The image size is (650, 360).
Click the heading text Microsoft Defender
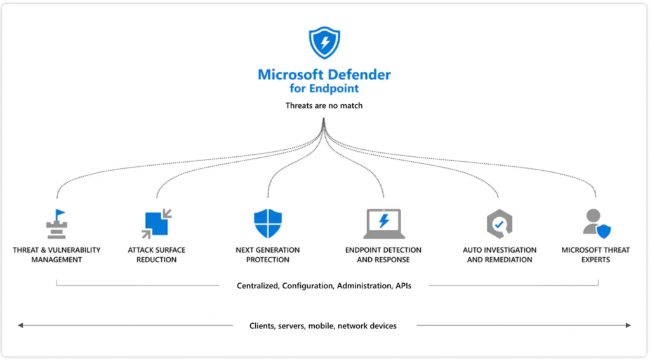(x=324, y=74)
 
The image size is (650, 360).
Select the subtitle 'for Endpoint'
(x=324, y=89)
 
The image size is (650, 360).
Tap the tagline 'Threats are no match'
(x=324, y=105)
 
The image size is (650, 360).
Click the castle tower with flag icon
(x=56, y=224)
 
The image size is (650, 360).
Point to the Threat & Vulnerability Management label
(x=56, y=255)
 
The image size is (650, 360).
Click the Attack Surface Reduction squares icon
(x=156, y=224)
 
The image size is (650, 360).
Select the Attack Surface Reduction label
(x=156, y=255)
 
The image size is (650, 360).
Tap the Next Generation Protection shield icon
(x=268, y=223)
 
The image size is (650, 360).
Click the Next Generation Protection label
(x=268, y=255)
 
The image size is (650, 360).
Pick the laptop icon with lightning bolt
(x=383, y=223)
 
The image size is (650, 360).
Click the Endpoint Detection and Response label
(x=383, y=255)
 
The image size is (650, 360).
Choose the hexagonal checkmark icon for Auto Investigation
(x=500, y=224)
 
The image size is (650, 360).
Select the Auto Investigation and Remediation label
(x=500, y=255)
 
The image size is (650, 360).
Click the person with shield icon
(x=596, y=223)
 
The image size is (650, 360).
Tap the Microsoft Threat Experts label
(x=596, y=255)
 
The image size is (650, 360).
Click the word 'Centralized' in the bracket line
(x=257, y=286)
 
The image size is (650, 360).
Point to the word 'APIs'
(x=403, y=286)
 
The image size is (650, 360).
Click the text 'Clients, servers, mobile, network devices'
(x=323, y=326)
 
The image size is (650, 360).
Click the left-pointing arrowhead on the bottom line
(x=21, y=326)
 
